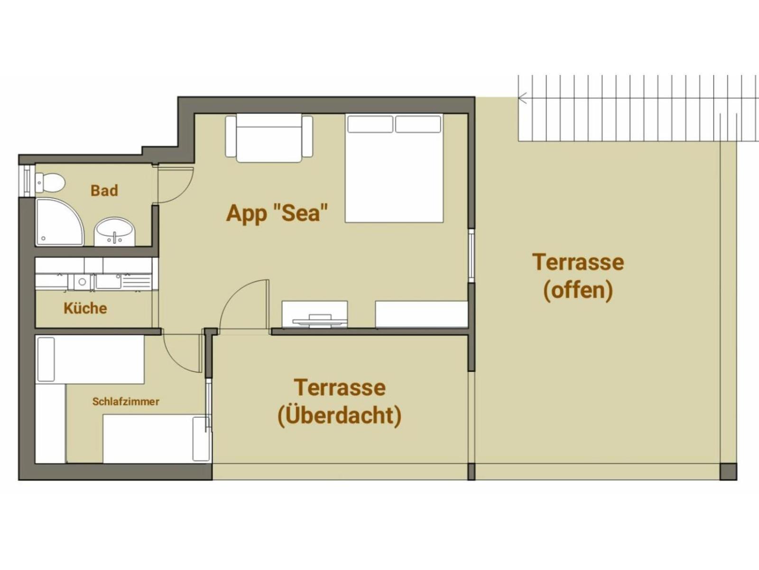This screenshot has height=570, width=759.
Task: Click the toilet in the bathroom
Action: tap(50, 182)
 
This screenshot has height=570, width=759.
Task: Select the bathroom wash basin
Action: tap(115, 231)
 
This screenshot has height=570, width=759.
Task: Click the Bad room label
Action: tap(104, 191)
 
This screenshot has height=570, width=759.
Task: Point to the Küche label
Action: tap(85, 308)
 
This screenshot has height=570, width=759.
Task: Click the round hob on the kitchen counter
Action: tap(82, 282)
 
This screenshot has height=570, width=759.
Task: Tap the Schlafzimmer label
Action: tap(126, 402)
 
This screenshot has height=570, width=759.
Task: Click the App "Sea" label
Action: tap(277, 213)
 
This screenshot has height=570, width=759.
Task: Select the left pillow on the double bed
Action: tap(370, 124)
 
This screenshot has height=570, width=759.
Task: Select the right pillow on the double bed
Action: tap(418, 124)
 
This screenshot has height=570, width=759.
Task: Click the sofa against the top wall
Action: tap(268, 138)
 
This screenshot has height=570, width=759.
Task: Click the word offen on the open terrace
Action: tap(578, 290)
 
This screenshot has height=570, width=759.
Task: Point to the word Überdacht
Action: tap(340, 416)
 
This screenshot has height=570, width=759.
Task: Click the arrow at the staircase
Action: tap(523, 99)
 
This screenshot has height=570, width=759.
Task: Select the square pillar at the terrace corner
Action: tap(728, 472)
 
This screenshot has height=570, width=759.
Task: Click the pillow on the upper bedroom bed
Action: tap(46, 359)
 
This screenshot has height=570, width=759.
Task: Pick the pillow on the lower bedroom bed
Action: tap(201, 438)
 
